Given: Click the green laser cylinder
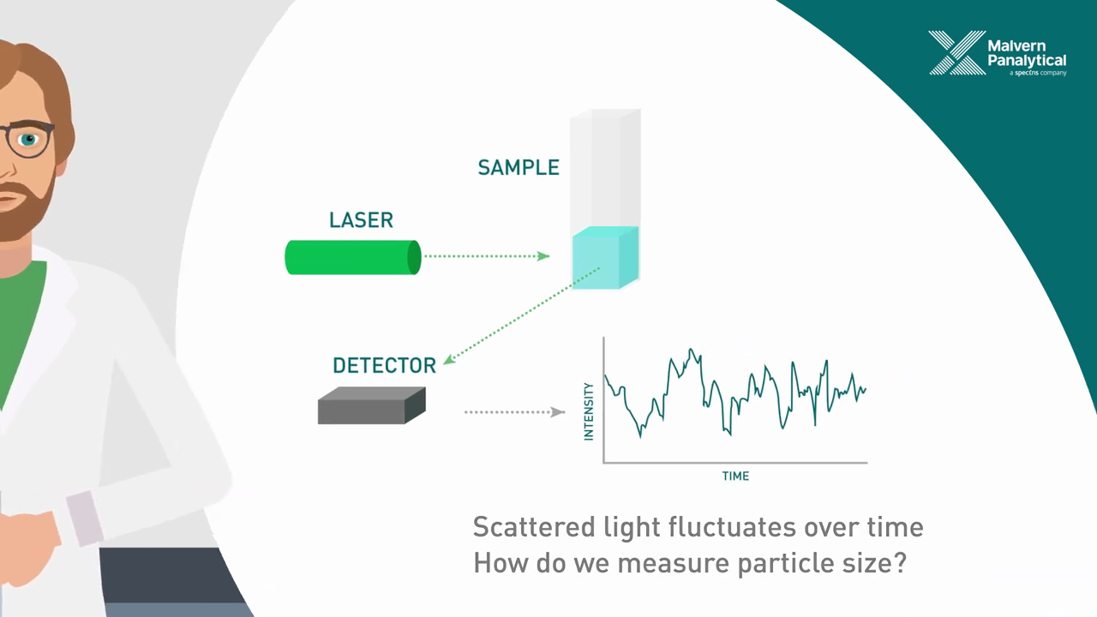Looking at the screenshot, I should coord(352,257).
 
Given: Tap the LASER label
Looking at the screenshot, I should coord(361,220).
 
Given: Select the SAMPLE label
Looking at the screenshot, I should coord(518,167).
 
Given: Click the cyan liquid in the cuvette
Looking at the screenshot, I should coord(605,257).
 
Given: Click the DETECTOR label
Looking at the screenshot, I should coord(384,366).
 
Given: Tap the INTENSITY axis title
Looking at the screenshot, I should coord(589,411).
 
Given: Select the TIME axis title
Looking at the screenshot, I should coord(735,476).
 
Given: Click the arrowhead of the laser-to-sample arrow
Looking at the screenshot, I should coord(543,255).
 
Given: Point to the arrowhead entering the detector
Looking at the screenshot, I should coord(449,359).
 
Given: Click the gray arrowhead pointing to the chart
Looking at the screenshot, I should coord(559,412).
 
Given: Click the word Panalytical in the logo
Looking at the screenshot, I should coord(1027,60).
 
